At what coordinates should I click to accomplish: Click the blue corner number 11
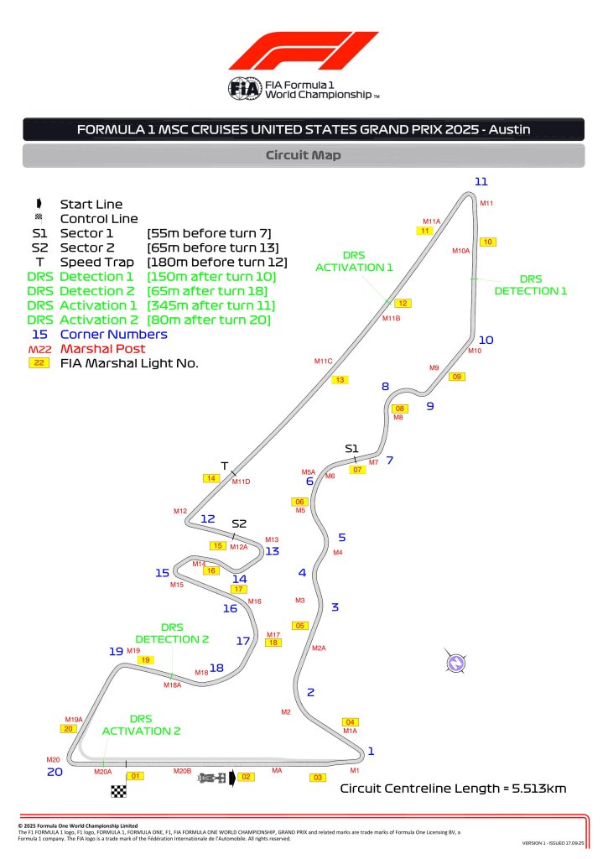click(481, 181)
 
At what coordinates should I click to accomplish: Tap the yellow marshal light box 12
click(403, 304)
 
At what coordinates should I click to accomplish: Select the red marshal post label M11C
click(324, 361)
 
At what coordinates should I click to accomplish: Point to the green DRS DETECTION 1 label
click(530, 285)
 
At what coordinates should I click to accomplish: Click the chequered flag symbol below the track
click(118, 791)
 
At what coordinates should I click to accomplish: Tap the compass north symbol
click(455, 663)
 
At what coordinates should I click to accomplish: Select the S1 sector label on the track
click(352, 449)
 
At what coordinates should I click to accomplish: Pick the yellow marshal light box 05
click(300, 625)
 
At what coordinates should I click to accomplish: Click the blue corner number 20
click(55, 772)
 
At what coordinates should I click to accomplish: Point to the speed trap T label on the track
click(224, 466)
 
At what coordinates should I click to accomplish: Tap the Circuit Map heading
click(304, 155)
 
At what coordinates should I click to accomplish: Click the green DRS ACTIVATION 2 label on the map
click(141, 725)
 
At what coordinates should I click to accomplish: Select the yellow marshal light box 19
click(146, 660)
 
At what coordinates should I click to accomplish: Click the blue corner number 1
click(372, 751)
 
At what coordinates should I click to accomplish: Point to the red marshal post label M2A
click(319, 648)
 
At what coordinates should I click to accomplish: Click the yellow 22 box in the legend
click(39, 363)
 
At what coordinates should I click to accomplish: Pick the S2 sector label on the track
click(239, 523)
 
